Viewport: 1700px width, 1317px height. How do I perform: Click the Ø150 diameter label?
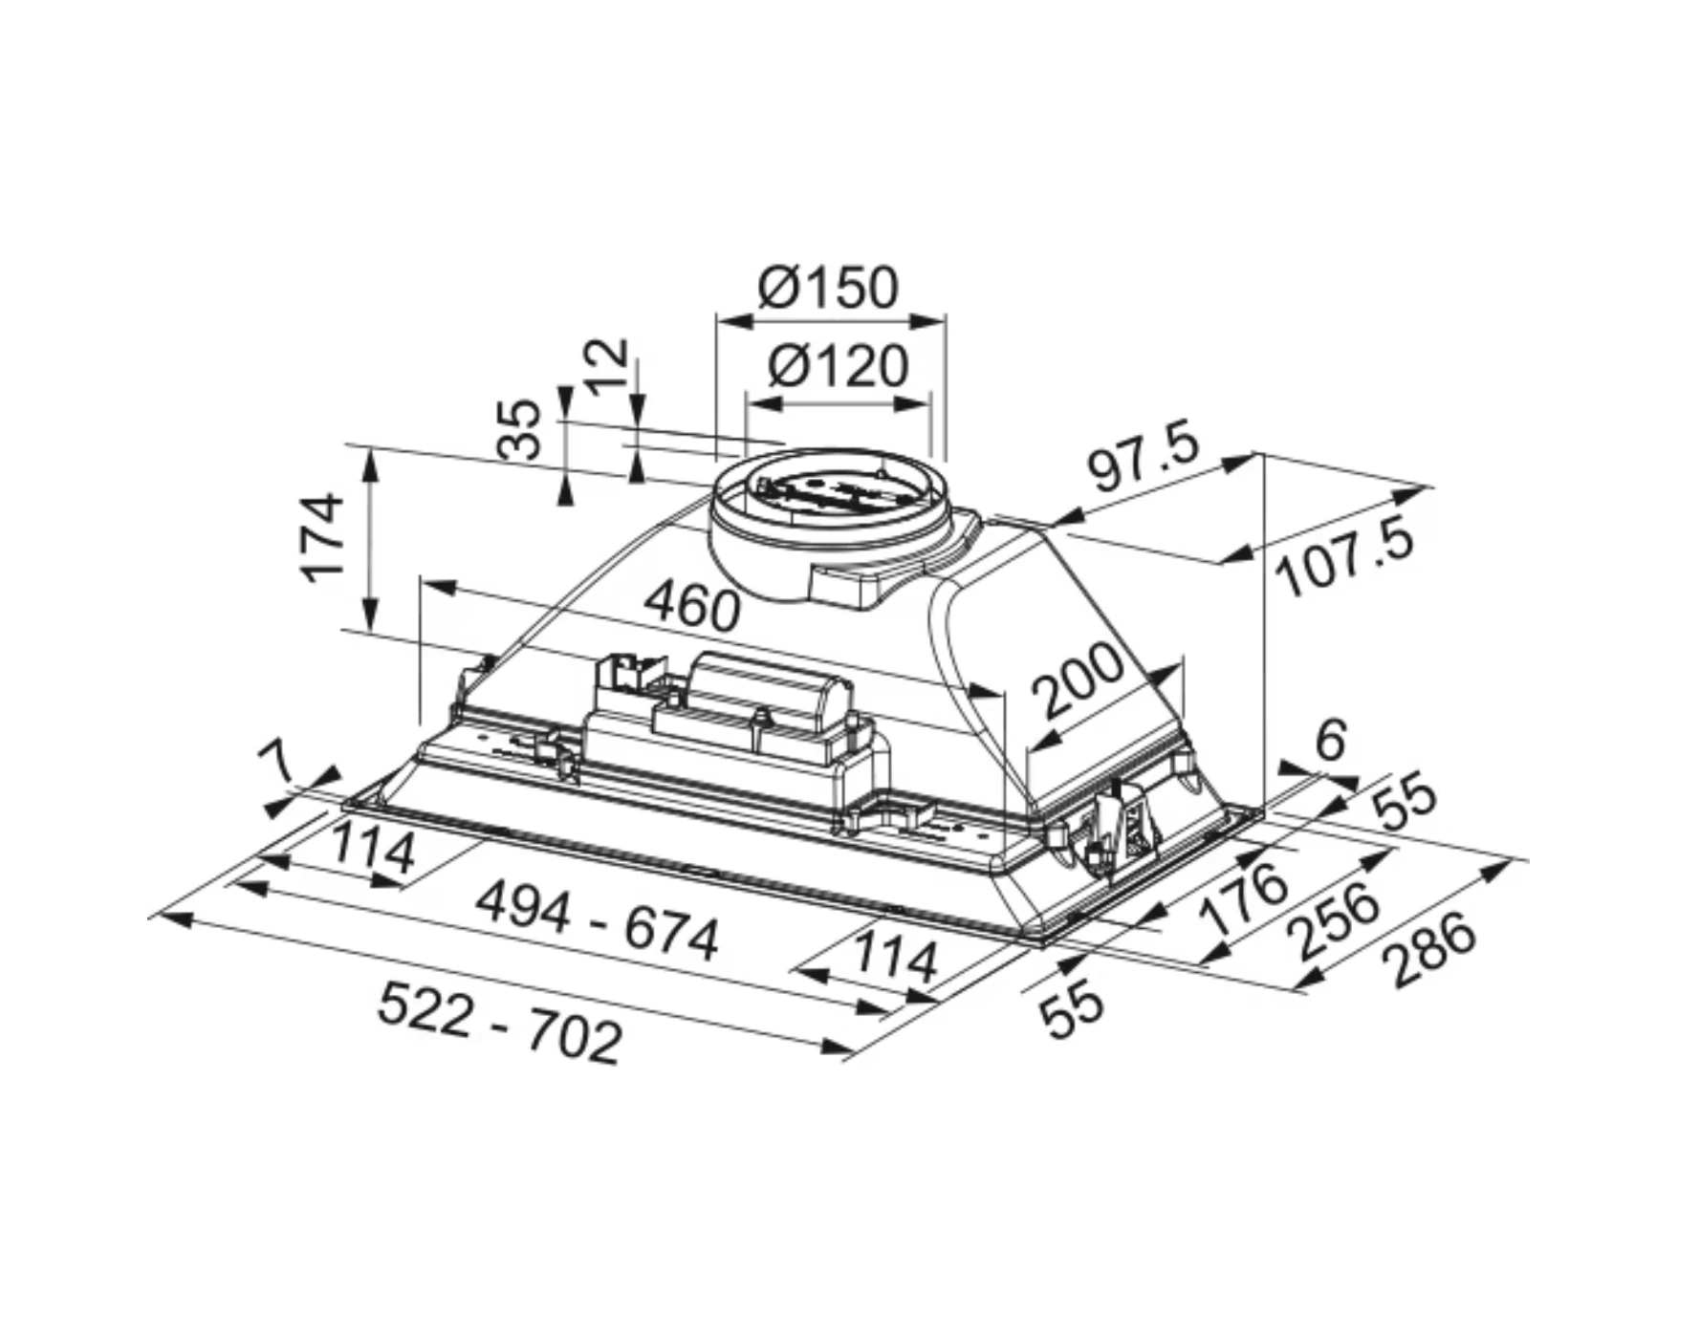[828, 287]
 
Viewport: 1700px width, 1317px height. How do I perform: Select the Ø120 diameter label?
[838, 365]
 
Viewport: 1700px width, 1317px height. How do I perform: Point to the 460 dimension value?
[692, 606]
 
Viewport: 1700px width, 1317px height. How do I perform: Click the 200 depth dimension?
[1078, 680]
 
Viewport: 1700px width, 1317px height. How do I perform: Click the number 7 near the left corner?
[277, 765]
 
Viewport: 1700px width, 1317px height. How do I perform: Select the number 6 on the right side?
[1331, 740]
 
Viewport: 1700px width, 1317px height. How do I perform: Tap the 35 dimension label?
[520, 429]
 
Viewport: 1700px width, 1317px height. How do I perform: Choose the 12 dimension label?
[607, 367]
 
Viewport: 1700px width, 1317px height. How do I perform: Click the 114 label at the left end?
[373, 851]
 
